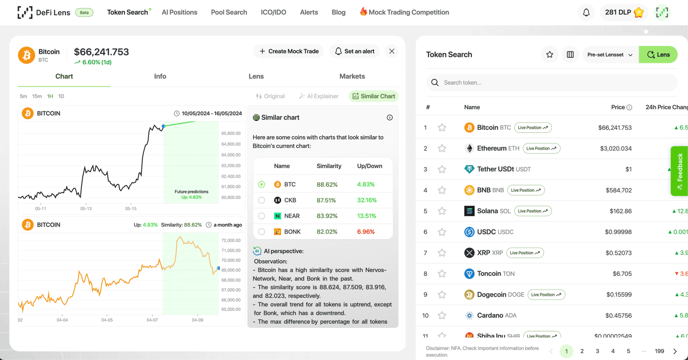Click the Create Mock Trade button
[x=289, y=51]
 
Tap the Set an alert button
[x=355, y=51]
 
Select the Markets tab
[x=352, y=77]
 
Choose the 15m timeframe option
[x=37, y=96]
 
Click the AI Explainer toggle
[x=319, y=96]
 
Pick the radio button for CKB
[x=261, y=200]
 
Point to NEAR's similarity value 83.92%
[x=327, y=216]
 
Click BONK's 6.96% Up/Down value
[x=366, y=232]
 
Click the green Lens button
[x=658, y=54]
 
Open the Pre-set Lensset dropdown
[x=610, y=54]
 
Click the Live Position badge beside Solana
[x=532, y=211]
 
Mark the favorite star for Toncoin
[x=442, y=274]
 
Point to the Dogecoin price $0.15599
[x=619, y=295]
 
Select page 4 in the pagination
[x=613, y=351]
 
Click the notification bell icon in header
[x=586, y=13]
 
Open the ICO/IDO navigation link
[x=273, y=12]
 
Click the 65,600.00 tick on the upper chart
[x=231, y=133]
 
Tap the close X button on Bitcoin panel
[x=392, y=51]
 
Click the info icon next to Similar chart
[x=389, y=117]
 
